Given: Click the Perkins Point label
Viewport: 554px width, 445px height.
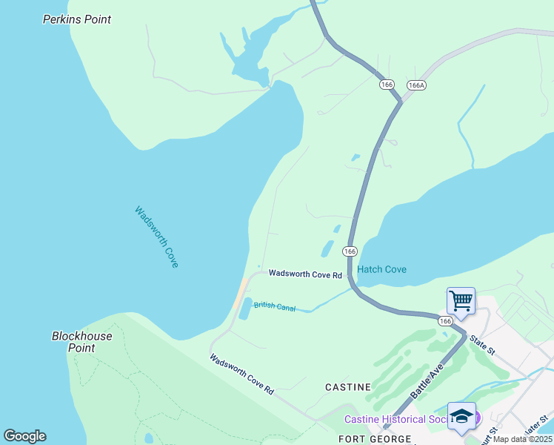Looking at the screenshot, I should click(77, 19).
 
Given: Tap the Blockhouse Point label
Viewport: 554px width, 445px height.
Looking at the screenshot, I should click(81, 342).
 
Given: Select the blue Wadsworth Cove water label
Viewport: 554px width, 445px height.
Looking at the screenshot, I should click(156, 237).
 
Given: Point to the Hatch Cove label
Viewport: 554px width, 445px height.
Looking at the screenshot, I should click(381, 269).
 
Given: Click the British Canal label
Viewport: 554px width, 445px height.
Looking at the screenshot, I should click(275, 306).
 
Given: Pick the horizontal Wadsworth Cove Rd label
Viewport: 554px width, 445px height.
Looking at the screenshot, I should click(305, 274).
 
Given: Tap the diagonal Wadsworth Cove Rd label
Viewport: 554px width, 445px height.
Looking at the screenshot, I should click(241, 375).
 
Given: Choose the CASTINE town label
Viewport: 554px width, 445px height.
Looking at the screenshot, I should click(348, 387).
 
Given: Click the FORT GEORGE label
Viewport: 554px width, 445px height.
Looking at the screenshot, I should click(375, 439).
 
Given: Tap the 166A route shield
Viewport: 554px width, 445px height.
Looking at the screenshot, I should click(416, 85).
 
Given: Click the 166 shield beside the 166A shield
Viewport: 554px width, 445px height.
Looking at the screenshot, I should click(387, 85).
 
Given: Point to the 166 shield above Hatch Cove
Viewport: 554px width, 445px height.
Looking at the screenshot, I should click(350, 251).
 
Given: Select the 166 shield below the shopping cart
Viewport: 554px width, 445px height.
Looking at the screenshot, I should click(444, 320).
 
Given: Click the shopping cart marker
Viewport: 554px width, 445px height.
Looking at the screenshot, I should click(461, 302).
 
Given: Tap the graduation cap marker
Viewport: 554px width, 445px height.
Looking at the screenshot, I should click(461, 417).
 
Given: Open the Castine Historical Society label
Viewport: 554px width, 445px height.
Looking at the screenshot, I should click(396, 420).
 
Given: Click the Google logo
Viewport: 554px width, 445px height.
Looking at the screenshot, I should click(24, 436).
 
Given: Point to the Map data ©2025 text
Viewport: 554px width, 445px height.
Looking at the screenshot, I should click(522, 439).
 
